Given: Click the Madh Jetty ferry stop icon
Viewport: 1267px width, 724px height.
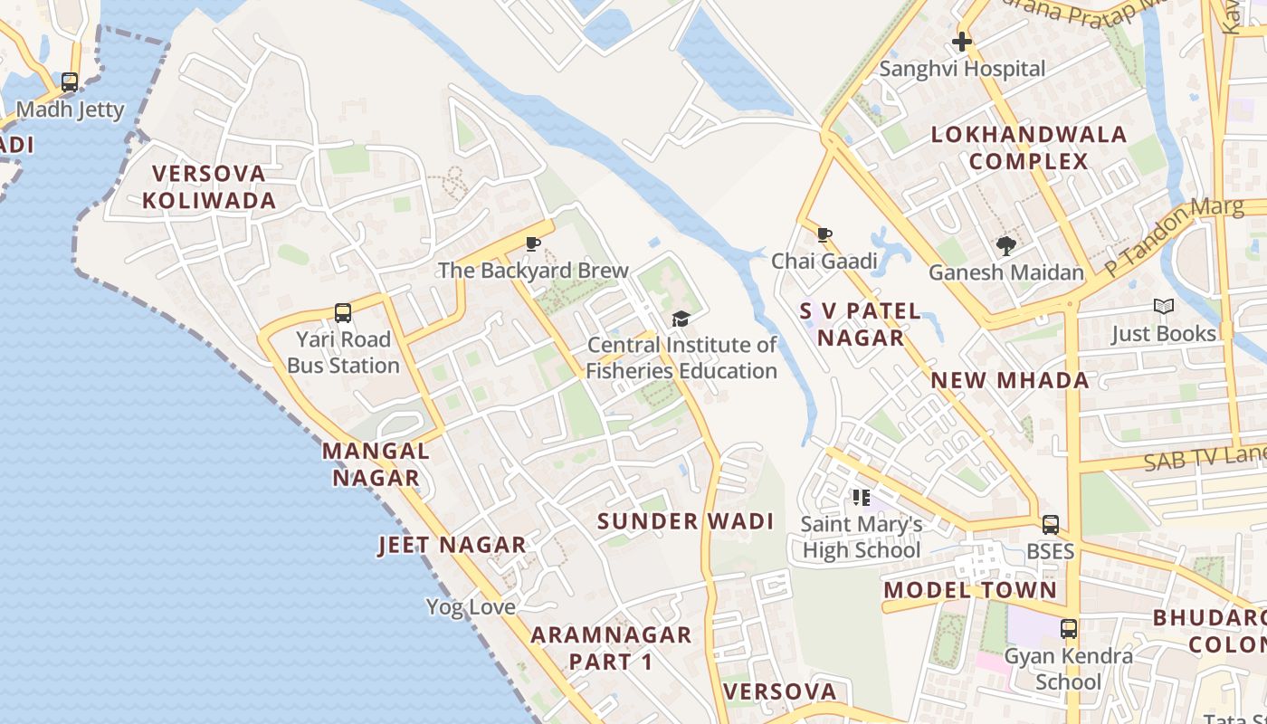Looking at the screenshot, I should tap(70, 82).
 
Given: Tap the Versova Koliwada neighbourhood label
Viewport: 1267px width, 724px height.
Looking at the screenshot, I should tap(209, 186).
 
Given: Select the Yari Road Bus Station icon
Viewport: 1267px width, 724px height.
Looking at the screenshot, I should tap(343, 313).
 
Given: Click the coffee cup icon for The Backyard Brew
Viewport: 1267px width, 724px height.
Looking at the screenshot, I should tap(533, 243).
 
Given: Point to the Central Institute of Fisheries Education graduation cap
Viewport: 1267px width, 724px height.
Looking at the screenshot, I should tap(681, 319).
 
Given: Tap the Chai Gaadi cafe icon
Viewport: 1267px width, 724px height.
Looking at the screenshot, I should tap(824, 235).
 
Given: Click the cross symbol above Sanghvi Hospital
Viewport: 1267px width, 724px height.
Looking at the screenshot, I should tap(962, 42).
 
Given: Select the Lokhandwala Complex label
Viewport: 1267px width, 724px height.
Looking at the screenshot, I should tap(1030, 148).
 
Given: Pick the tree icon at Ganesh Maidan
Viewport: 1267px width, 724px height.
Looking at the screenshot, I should tap(1005, 245).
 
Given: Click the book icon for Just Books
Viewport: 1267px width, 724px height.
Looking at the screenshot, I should tap(1164, 307).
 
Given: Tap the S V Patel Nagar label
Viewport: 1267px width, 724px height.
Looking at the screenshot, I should tap(861, 324).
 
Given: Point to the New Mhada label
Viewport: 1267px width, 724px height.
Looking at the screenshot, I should tap(1011, 380).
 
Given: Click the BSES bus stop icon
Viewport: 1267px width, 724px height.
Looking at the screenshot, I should tap(1051, 525).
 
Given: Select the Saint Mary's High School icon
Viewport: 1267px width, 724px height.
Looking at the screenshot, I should tap(861, 497).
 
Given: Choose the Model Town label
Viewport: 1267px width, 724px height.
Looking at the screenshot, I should tap(970, 590).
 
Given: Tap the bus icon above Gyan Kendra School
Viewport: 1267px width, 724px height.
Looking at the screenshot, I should tap(1069, 629).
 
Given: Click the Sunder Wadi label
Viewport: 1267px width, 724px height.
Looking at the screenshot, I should tap(686, 521).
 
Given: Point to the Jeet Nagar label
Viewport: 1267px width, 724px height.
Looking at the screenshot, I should tap(452, 545).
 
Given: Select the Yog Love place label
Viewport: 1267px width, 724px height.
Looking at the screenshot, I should tap(471, 606).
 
